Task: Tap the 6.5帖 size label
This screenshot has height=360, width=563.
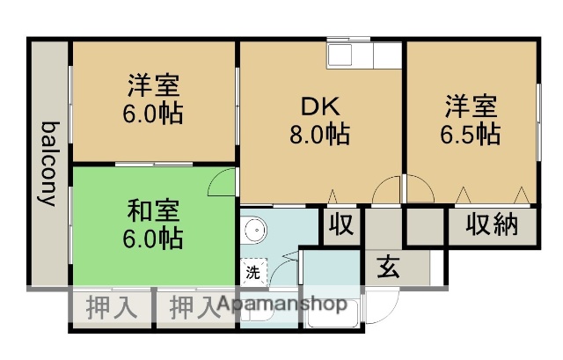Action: point(471,135)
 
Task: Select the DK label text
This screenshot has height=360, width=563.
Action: point(320,107)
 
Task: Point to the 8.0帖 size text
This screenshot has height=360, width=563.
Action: point(321,135)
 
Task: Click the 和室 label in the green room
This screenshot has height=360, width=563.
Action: point(155,211)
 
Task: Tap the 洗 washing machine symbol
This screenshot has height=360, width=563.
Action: point(252,272)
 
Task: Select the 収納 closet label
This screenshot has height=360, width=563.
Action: point(492,224)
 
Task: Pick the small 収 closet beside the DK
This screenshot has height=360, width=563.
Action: point(341,224)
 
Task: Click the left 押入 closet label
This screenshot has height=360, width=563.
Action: point(112,308)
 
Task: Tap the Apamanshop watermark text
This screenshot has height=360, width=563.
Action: point(281,305)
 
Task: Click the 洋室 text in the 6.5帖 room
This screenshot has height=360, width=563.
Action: point(470,107)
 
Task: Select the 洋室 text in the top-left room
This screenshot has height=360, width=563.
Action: point(154,86)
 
